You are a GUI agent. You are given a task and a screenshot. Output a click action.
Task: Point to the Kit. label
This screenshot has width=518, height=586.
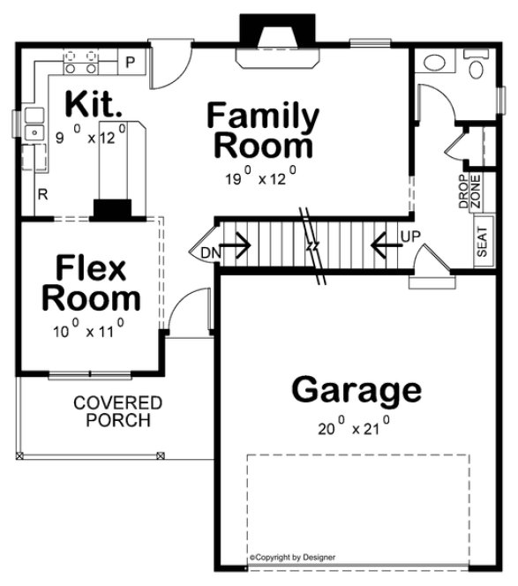[94, 104]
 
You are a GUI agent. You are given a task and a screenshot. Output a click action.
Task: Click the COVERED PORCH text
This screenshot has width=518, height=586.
[117, 411]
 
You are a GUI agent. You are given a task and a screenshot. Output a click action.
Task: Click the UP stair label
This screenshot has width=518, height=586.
[410, 237]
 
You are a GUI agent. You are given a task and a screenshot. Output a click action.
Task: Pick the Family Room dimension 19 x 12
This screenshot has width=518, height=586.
[262, 177]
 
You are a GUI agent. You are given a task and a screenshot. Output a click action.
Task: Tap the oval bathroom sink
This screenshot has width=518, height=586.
[434, 64]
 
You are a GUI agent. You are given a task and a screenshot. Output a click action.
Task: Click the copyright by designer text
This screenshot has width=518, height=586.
[292, 558]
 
